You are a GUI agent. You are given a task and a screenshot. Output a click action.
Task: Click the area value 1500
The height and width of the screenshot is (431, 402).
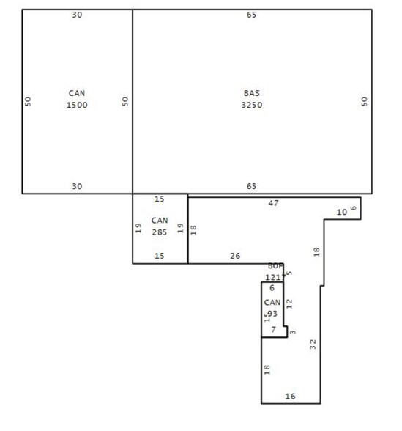77,105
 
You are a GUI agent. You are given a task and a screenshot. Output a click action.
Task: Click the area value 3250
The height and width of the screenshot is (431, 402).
251,105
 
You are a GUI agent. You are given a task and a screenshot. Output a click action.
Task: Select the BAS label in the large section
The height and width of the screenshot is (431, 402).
251,94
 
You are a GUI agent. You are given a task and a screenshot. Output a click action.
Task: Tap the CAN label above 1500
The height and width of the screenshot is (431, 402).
77,94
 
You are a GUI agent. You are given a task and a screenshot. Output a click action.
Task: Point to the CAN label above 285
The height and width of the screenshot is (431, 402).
160,221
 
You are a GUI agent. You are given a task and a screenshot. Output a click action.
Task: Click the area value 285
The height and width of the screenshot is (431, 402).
160,232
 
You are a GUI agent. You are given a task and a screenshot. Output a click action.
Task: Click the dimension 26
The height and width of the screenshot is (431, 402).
234,256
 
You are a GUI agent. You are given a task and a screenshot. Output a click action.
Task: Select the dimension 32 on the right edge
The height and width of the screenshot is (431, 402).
313,343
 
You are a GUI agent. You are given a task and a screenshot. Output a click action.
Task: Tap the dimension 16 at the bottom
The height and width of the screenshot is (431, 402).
290,397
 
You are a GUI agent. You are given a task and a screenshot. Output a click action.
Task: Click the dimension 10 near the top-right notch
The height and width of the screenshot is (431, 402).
341,212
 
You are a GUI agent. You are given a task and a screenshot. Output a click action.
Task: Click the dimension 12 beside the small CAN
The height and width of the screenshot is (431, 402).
289,302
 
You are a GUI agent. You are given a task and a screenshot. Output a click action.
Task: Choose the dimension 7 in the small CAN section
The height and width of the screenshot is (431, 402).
273,330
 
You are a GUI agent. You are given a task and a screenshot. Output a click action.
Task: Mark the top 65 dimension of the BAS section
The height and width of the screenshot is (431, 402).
252,14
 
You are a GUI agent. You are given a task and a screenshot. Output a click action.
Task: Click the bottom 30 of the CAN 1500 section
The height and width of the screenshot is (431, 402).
77,186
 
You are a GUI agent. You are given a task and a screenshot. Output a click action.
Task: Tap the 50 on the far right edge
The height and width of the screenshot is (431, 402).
364,101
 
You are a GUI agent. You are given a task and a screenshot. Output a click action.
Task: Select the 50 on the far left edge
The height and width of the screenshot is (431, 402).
28,101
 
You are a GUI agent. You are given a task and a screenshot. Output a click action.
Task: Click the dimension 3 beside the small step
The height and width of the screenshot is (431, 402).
293,332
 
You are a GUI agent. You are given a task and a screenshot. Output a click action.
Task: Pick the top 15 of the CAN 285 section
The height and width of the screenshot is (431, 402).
160,199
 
